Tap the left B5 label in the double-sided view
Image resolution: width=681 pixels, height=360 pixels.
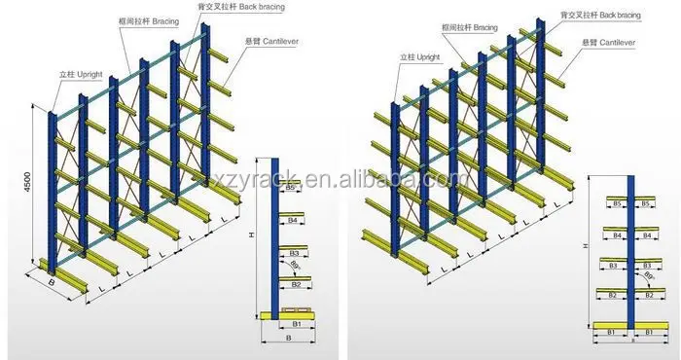click(x=617, y=204)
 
